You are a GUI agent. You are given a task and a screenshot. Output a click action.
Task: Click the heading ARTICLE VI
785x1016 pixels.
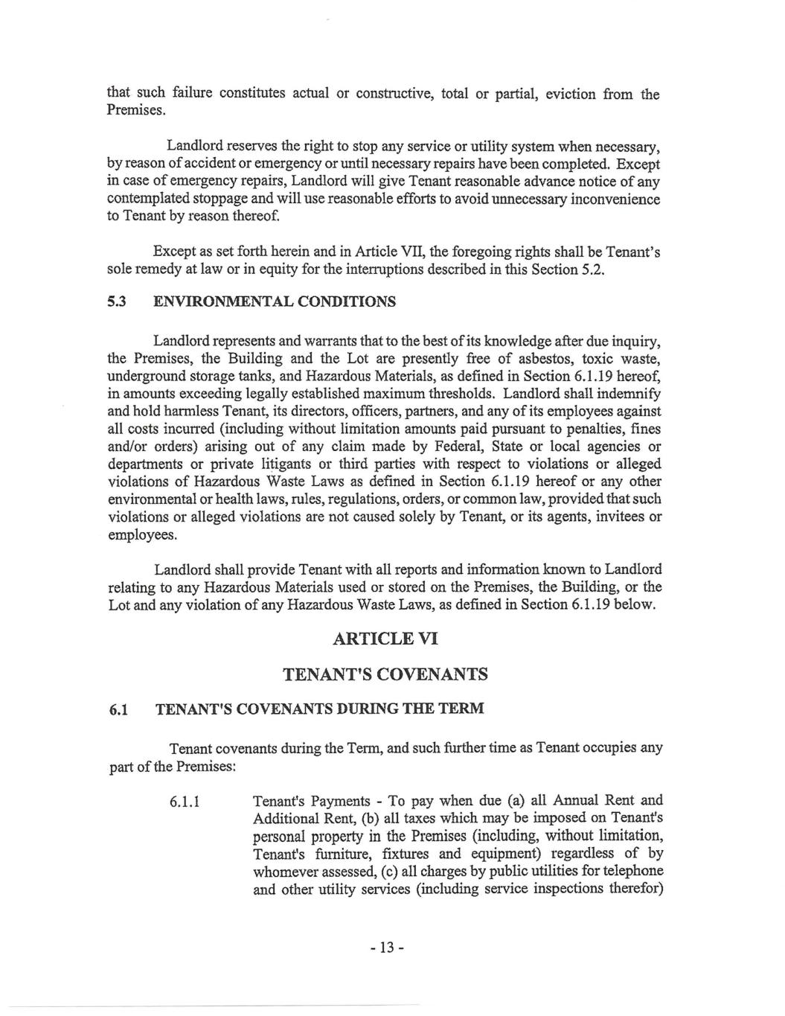pos(384,639)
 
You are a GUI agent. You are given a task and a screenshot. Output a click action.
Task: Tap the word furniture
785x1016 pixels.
pos(333,854)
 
